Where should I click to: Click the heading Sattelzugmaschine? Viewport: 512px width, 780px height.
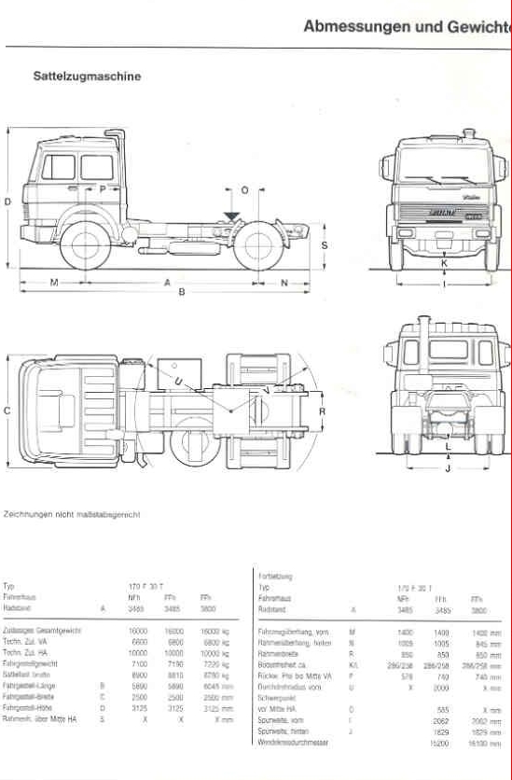(87, 77)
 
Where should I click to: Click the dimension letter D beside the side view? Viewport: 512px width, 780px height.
(7, 202)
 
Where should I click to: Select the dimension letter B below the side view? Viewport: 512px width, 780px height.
(182, 293)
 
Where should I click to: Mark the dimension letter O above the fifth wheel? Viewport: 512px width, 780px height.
(244, 190)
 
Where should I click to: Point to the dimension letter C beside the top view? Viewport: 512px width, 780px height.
(7, 411)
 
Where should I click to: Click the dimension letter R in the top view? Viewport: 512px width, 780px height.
(322, 411)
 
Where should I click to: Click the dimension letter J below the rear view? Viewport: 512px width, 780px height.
(448, 469)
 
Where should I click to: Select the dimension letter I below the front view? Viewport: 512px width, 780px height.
(445, 283)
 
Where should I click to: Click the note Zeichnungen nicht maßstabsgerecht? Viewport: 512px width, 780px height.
(72, 514)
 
